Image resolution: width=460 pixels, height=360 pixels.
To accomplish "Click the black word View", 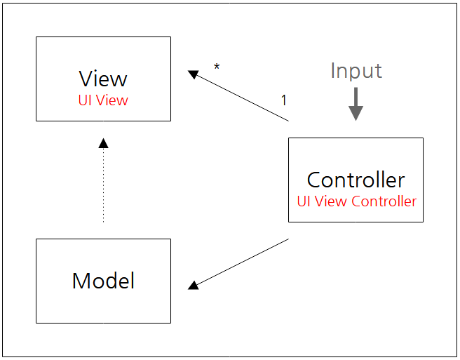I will pos(103,78).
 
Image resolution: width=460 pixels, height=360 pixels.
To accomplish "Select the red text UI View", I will pos(103,100).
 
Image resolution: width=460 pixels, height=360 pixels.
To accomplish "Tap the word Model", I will pos(103,281).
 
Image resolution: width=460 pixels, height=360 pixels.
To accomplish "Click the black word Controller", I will pos(356,180).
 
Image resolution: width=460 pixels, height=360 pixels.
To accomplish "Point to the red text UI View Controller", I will pos(356,201).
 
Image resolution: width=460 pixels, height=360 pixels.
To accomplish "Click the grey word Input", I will pos(356,71).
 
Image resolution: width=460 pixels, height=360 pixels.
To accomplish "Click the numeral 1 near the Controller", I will pos(284,100).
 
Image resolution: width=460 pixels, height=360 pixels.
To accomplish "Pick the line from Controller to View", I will pos(242,96).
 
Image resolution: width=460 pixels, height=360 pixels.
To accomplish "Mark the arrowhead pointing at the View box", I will pos(194,74).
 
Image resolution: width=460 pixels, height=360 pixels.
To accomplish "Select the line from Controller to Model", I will pos(242,263).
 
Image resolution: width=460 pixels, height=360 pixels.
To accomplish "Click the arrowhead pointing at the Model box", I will pos(194,285).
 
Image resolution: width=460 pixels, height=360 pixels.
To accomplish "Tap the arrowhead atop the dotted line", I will pos(104,142).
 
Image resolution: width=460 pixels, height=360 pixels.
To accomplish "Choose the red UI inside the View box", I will pos(86,100).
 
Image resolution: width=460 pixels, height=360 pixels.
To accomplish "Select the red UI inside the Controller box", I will pos(304,201).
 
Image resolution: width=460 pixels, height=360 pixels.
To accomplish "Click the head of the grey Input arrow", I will pos(356,114).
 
